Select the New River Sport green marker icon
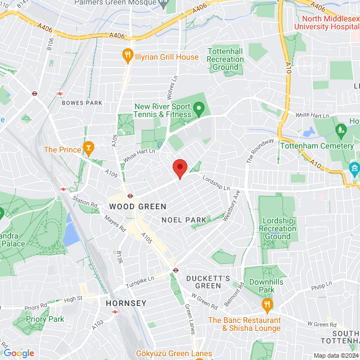(198, 107)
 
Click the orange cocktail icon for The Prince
(88, 149)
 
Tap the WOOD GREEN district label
(134, 206)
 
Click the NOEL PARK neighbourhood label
(183, 219)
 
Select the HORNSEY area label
(126, 303)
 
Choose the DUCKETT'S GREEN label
(209, 282)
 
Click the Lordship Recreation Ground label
(277, 229)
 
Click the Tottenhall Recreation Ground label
(225, 59)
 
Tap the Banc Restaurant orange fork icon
(267, 306)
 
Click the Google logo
(19, 353)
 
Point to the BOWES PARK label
(82, 103)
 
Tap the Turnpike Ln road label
(140, 280)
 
